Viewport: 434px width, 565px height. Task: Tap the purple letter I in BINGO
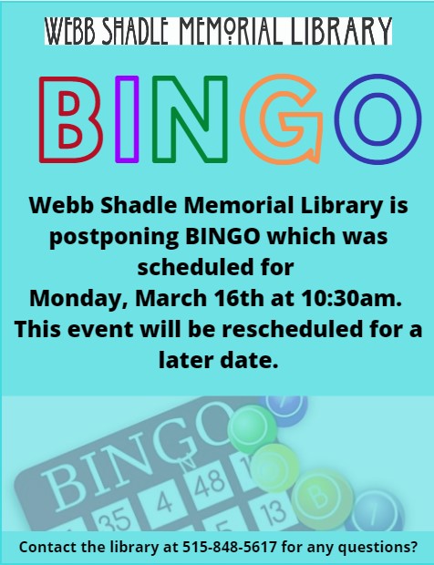click(127, 119)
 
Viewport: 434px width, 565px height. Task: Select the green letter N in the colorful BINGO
click(190, 119)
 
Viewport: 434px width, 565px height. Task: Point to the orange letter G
click(253, 119)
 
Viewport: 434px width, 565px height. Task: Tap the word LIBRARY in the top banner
click(341, 31)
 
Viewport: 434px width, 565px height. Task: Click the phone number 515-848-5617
click(230, 547)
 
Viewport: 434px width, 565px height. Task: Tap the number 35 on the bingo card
click(116, 519)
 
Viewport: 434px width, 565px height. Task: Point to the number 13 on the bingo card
click(273, 512)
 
